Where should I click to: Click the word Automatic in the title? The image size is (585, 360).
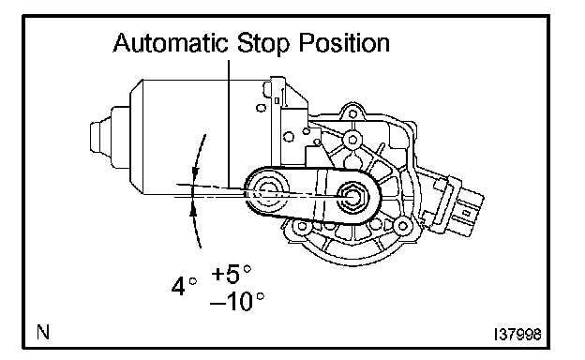click(x=171, y=42)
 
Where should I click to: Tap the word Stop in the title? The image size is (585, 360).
click(x=263, y=43)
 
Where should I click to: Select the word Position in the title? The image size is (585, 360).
click(x=344, y=42)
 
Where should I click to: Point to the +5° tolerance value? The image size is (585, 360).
click(x=231, y=274)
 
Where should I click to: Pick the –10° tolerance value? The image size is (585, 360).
click(x=237, y=302)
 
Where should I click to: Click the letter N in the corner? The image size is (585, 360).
click(x=43, y=332)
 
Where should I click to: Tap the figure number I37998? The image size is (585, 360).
click(x=517, y=335)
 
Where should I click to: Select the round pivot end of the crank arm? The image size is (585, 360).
click(x=267, y=192)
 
